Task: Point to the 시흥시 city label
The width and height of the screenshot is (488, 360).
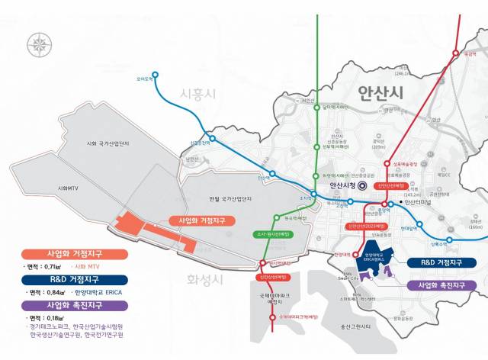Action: click(x=198, y=94)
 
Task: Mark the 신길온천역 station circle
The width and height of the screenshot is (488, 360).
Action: click(x=211, y=139)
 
